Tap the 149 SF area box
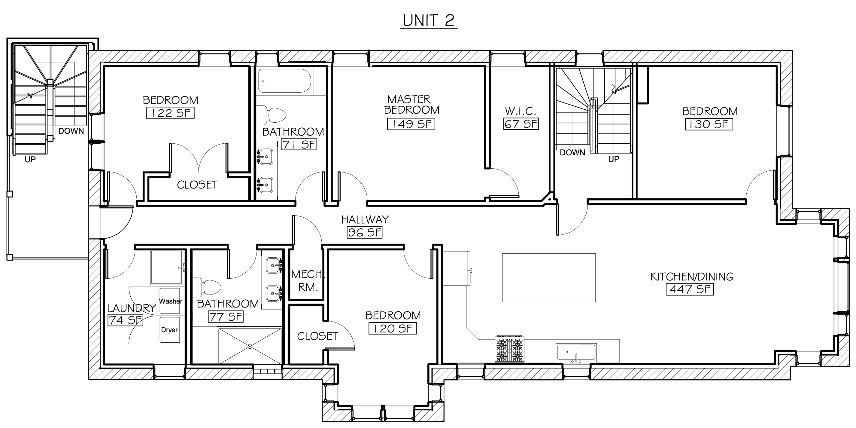pos(411,124)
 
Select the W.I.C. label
pos(521,111)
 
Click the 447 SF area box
pos(690,289)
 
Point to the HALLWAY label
pos(365,219)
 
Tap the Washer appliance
pos(171,301)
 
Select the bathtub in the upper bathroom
pos(284,81)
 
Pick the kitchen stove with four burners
pos(509,350)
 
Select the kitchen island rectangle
pos(549,278)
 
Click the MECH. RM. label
pos(307,280)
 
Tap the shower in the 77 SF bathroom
pos(250,346)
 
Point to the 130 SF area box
pos(709,124)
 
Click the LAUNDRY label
pos(132,308)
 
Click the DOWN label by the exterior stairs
pos(71,131)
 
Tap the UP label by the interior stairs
pos(614,159)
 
